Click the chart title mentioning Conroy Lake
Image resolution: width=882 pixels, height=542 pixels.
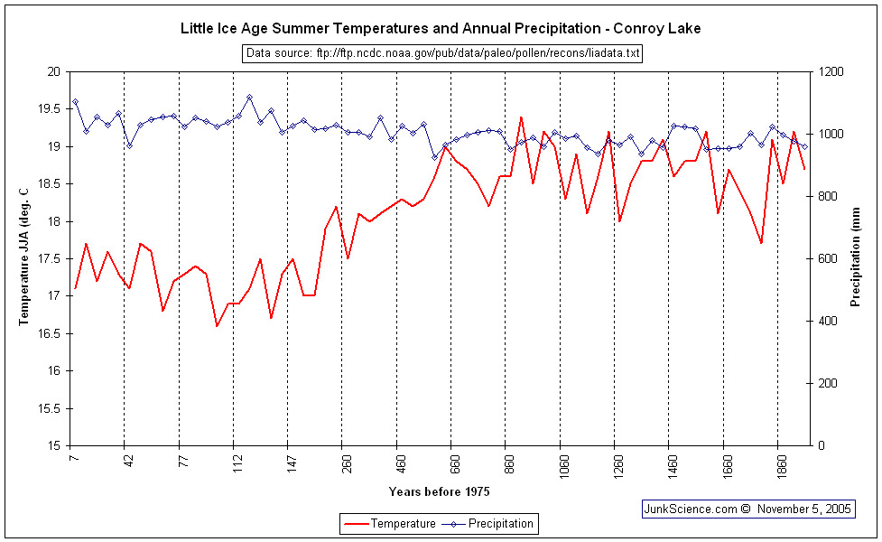pos(441,29)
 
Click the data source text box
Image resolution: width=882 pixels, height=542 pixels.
pos(442,53)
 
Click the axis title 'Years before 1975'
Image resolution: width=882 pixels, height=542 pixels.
pos(439,491)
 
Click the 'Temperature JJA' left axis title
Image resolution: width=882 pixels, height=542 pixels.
pos(24,257)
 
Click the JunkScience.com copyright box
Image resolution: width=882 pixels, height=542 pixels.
pos(747,509)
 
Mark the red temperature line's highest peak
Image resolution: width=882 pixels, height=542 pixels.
pos(521,117)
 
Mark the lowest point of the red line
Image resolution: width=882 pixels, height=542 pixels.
pos(218,326)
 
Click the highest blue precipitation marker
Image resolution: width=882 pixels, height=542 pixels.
pos(249,97)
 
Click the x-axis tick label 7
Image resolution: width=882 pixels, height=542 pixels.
pos(74,459)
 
